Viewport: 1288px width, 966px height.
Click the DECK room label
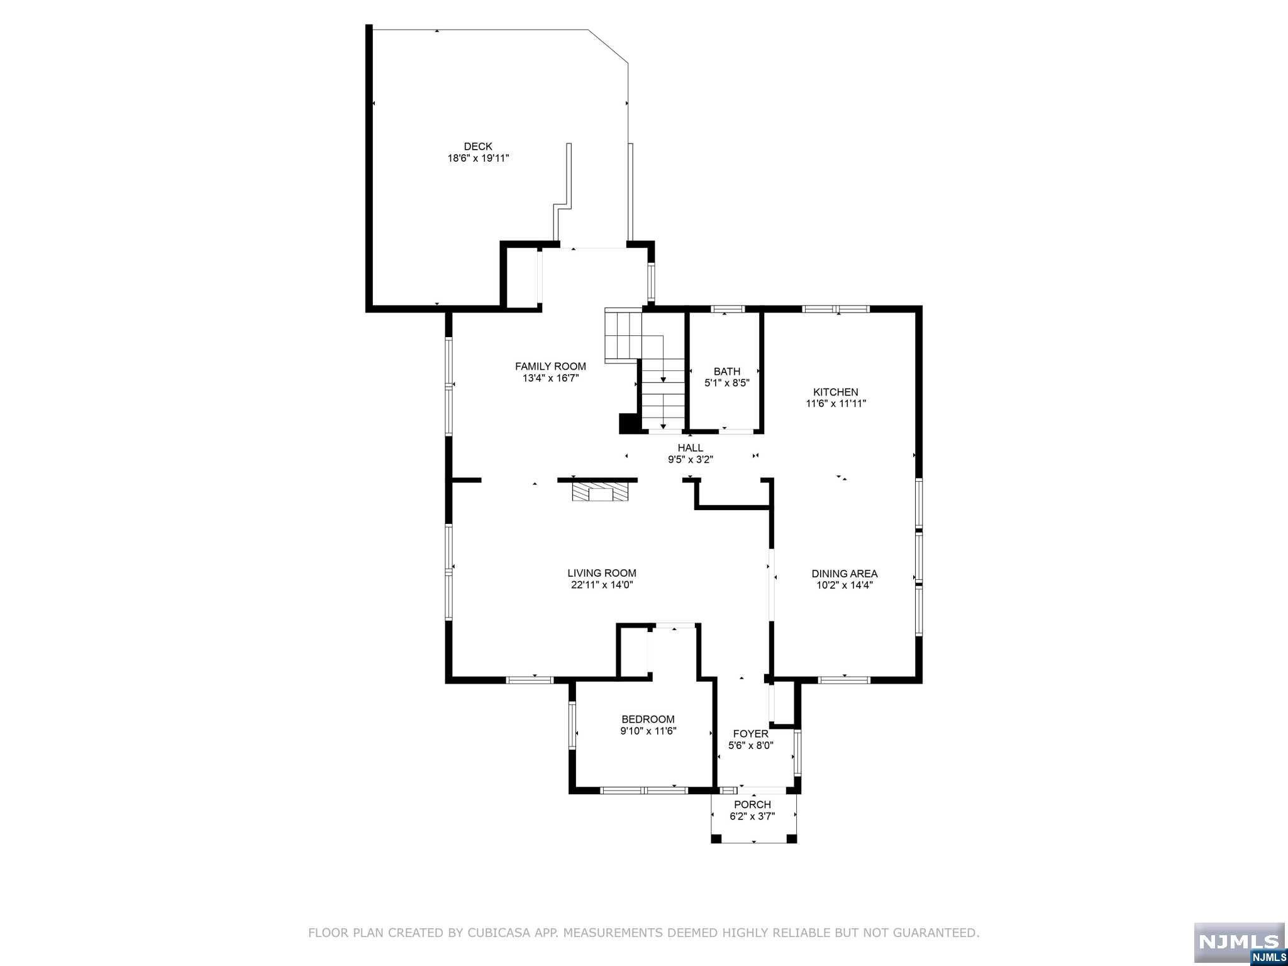478,147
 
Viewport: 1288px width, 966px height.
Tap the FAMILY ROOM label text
550,366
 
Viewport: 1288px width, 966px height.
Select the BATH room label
727,371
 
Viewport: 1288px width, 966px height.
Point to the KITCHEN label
836,392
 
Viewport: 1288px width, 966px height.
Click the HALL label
691,448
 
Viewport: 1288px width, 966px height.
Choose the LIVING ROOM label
602,573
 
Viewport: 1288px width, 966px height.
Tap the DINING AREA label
845,574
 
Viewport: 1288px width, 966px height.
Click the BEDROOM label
648,719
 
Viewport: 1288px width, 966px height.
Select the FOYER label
751,733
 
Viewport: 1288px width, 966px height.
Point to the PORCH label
753,804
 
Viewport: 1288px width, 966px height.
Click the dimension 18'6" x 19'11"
478,158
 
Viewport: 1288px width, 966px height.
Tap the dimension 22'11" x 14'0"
602,585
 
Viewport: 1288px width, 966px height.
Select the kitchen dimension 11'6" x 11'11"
836,404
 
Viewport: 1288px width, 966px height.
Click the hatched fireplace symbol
601,492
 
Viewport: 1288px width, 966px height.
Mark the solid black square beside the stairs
629,423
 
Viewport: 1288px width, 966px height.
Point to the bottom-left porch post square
716,838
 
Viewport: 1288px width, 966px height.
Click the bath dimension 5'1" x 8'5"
727,383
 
